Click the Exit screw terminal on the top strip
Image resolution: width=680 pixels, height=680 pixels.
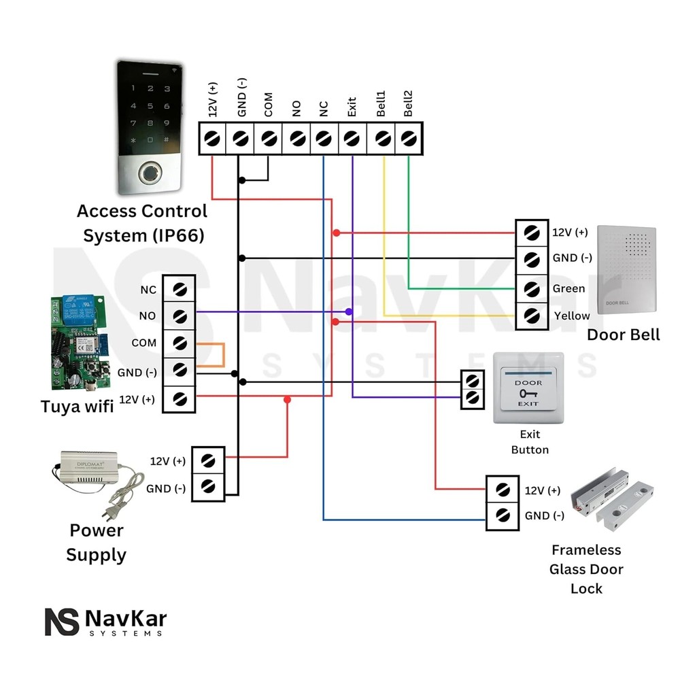[352, 139]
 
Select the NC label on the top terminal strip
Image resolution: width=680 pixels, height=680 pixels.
[324, 109]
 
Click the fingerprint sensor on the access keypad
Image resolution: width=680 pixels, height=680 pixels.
[150, 173]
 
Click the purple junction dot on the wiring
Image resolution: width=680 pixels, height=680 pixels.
[348, 311]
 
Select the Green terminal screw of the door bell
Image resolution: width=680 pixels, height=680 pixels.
[532, 288]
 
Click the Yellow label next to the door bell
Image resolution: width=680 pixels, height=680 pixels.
[572, 316]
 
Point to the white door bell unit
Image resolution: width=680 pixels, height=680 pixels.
[626, 270]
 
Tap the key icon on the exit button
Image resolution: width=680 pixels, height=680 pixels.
[528, 393]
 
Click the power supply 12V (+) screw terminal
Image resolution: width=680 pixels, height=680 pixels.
[209, 460]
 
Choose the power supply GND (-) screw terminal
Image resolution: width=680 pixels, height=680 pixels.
[209, 487]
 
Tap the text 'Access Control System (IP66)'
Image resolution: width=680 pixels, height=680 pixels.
[143, 223]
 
